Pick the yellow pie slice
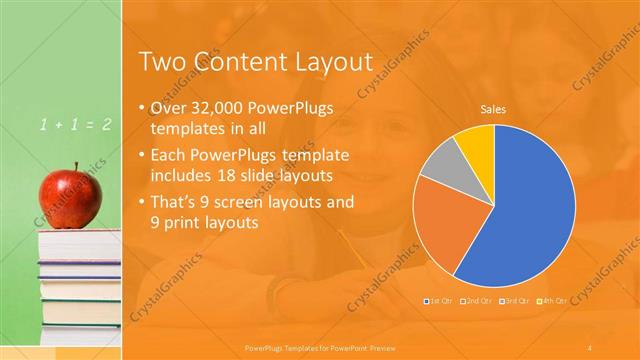pyautogui.click(x=474, y=141)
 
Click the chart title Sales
pyautogui.click(x=493, y=107)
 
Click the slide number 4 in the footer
pyautogui.click(x=589, y=347)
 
